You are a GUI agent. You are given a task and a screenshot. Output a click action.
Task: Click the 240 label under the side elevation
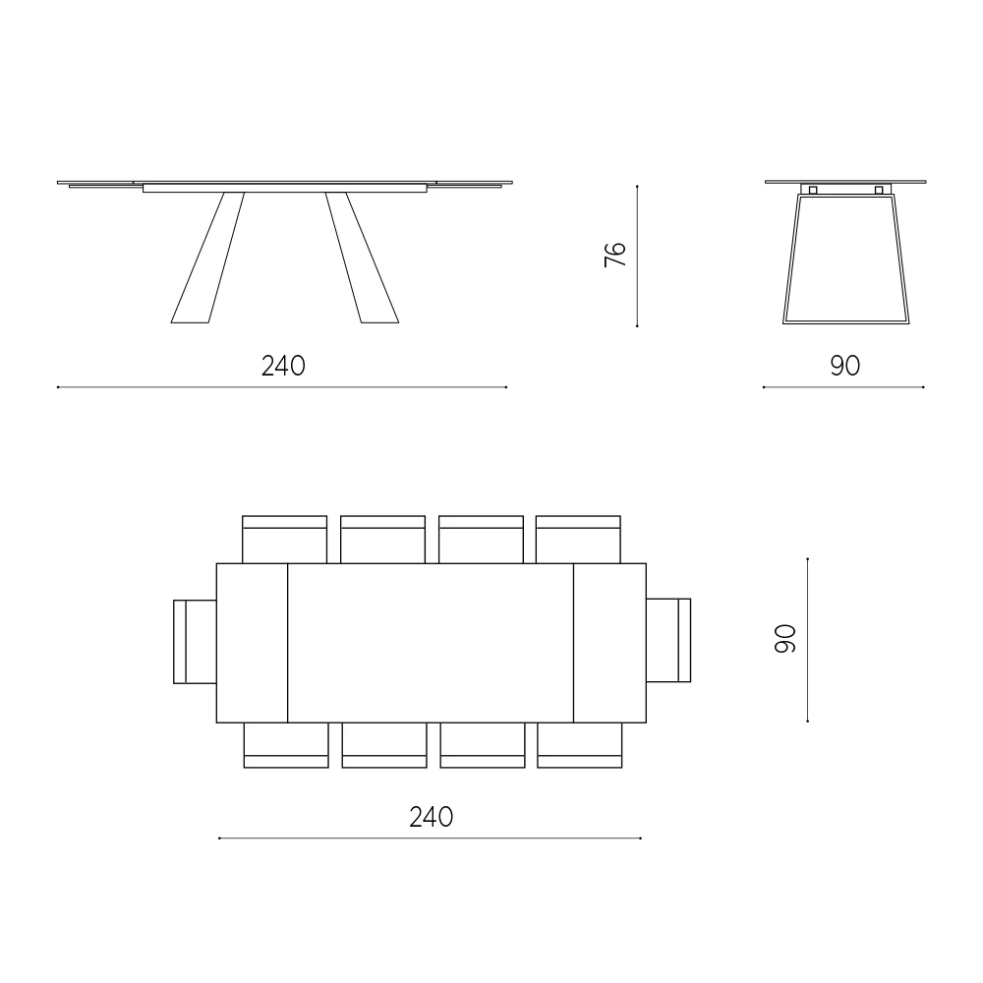[x=283, y=366]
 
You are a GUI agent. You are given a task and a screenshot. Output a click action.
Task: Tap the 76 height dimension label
[x=615, y=254]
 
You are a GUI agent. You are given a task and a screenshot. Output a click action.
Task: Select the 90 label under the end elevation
[x=845, y=366]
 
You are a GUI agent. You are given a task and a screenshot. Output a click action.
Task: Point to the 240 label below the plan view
[x=432, y=817]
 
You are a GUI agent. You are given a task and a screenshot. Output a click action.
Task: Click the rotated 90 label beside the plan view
[x=784, y=639]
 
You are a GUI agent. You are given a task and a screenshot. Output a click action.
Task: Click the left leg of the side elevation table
[x=208, y=258]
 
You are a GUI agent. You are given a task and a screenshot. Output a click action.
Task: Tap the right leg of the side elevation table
[x=362, y=258]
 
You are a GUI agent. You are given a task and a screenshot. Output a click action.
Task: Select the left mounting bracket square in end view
[x=813, y=190]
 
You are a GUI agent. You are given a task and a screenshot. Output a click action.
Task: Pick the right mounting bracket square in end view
[x=878, y=190]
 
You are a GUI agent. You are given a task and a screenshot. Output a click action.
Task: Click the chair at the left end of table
[x=195, y=641]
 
